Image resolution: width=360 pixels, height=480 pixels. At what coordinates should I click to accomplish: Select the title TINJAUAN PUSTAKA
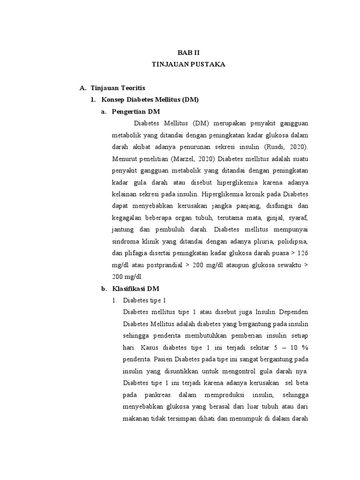pyautogui.click(x=188, y=64)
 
